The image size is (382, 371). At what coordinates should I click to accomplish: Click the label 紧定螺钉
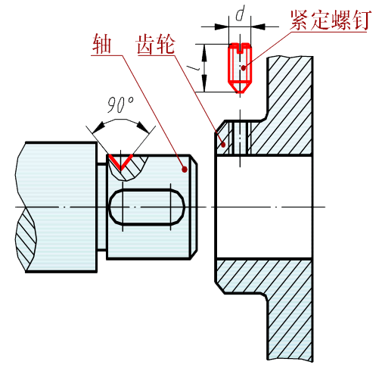(331, 20)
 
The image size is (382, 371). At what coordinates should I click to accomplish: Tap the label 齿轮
(156, 45)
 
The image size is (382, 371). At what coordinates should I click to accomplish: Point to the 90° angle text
(120, 104)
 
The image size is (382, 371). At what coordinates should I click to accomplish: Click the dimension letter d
(240, 14)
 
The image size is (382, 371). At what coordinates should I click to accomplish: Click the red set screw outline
(240, 67)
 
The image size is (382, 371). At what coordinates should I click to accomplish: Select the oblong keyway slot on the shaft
(147, 207)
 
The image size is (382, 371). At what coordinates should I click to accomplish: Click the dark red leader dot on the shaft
(185, 170)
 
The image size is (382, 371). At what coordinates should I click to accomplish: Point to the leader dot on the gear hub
(223, 145)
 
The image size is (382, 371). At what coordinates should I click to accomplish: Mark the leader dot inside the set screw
(244, 67)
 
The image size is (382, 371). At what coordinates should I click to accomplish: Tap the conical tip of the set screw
(240, 87)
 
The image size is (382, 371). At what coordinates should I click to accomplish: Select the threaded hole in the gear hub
(240, 139)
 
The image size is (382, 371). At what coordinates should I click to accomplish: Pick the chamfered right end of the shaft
(194, 207)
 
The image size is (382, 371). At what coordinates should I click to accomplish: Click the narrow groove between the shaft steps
(101, 207)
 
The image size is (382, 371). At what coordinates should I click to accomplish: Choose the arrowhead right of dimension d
(258, 26)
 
